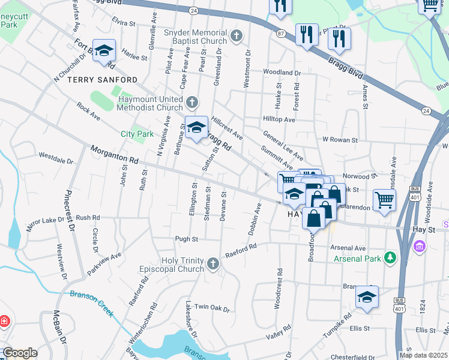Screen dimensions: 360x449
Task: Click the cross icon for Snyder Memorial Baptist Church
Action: tap(237, 36)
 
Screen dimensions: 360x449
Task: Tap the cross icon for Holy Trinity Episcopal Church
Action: tap(212, 264)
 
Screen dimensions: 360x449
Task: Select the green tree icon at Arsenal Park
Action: tap(391, 257)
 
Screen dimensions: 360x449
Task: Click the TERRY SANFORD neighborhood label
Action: tap(102, 80)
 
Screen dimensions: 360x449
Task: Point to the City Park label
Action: tap(137, 134)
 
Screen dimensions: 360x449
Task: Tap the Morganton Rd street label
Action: tap(115, 155)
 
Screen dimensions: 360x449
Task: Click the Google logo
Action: tap(19, 353)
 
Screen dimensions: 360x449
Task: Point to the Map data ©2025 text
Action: tap(423, 355)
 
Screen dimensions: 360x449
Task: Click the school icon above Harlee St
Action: tap(104, 52)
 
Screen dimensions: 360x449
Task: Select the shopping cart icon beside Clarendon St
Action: tap(384, 199)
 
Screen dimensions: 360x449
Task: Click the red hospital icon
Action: tap(5, 322)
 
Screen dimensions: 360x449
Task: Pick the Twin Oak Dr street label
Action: tap(212, 308)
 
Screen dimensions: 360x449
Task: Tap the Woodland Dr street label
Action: tap(282, 73)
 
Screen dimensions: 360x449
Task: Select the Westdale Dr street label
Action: tap(55, 161)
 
